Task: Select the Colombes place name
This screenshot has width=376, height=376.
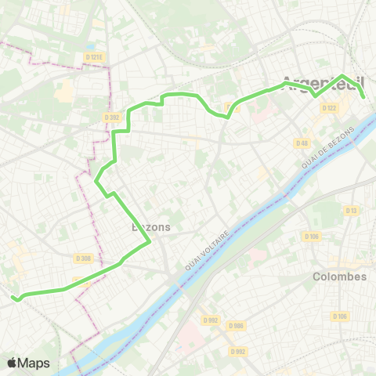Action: pyautogui.click(x=339, y=277)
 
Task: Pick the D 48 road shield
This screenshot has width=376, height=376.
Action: pyautogui.click(x=302, y=143)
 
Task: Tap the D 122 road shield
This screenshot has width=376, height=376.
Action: pyautogui.click(x=329, y=108)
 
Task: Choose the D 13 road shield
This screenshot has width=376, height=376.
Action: pyautogui.click(x=351, y=210)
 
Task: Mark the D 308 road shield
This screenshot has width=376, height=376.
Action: pyautogui.click(x=84, y=258)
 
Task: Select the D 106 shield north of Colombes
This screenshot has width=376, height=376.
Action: pyautogui.click(x=313, y=237)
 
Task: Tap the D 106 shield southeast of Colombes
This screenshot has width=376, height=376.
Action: pyautogui.click(x=339, y=316)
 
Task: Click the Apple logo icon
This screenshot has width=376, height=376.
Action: pyautogui.click(x=13, y=363)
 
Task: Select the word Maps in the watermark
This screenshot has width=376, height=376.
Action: pyautogui.click(x=34, y=363)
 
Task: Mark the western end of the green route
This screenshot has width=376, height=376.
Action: pyautogui.click(x=13, y=297)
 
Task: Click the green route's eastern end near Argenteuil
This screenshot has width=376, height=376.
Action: pyautogui.click(x=363, y=96)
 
